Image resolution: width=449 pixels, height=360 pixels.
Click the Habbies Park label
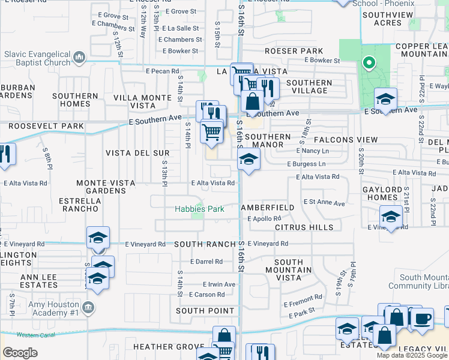(199, 209)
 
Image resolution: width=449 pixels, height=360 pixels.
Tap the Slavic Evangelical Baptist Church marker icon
(79, 58)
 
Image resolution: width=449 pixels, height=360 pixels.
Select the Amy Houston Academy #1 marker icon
(88, 308)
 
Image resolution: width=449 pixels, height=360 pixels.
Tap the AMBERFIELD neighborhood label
(268, 208)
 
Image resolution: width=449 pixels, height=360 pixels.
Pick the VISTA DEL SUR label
(137, 153)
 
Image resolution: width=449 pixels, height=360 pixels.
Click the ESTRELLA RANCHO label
(75, 205)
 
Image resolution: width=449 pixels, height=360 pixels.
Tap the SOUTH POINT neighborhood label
(205, 311)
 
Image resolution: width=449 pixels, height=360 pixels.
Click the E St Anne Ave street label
(324, 203)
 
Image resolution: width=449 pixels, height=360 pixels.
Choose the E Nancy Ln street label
(313, 151)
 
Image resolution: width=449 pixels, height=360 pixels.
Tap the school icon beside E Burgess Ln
(249, 160)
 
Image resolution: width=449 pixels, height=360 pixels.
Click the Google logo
(20, 353)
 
